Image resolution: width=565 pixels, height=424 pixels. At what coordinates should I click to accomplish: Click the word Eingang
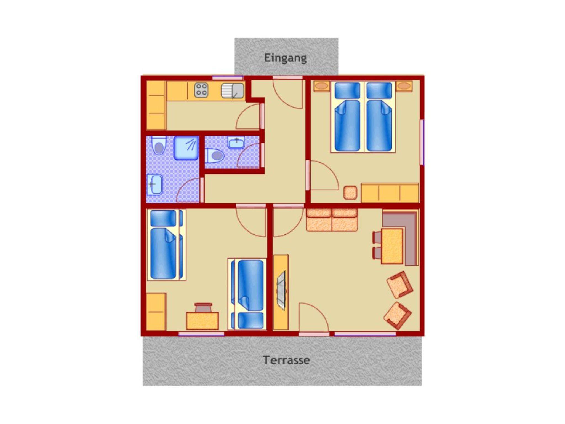click(x=285, y=58)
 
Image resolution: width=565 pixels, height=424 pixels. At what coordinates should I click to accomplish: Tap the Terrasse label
click(x=286, y=360)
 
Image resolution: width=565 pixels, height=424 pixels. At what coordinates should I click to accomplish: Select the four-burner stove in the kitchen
click(x=201, y=90)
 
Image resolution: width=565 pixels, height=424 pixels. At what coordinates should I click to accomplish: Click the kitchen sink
click(x=233, y=91)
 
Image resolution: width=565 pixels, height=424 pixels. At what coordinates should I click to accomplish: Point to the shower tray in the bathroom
click(x=186, y=148)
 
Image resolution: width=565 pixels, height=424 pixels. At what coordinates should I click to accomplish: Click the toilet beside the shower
click(x=159, y=145)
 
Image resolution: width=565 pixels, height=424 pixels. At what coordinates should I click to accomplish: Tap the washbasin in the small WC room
click(x=236, y=142)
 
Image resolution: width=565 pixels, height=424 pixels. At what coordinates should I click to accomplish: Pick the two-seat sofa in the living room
click(x=332, y=220)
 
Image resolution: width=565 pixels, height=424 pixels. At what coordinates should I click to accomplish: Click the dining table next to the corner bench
click(x=392, y=246)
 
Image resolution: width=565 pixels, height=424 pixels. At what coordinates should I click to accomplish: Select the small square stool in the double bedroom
click(x=350, y=193)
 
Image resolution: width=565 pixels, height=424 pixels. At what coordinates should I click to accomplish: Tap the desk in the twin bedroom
click(x=202, y=321)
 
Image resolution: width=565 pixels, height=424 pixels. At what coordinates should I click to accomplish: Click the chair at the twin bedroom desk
click(x=203, y=307)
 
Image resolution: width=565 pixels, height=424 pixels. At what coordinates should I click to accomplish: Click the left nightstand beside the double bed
click(x=321, y=86)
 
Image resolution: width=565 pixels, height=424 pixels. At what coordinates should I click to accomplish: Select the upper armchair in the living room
click(x=400, y=285)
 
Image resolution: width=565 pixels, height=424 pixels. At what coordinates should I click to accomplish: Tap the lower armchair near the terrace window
click(x=398, y=316)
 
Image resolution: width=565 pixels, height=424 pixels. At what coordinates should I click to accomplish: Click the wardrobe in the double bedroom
click(x=390, y=193)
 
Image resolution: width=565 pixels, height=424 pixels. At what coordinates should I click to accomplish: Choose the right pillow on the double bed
click(x=379, y=90)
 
